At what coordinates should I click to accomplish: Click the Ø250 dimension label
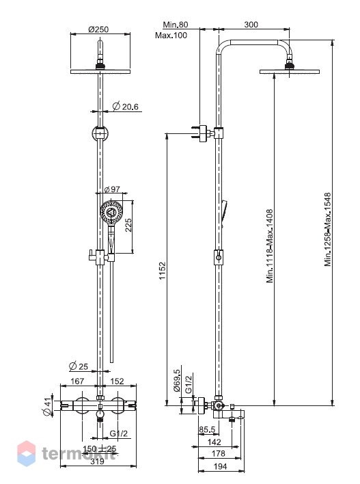click(x=98, y=29)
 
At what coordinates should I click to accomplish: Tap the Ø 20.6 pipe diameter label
click(x=125, y=107)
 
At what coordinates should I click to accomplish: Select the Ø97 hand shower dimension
click(x=112, y=189)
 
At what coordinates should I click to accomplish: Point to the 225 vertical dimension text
click(x=128, y=225)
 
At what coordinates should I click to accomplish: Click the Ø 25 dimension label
click(x=79, y=366)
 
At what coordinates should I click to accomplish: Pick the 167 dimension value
click(x=77, y=381)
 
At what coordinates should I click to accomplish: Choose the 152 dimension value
click(x=117, y=381)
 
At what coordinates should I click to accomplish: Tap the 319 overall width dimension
click(x=98, y=461)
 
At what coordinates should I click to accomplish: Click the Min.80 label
click(x=175, y=25)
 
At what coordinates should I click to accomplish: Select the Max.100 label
click(x=171, y=35)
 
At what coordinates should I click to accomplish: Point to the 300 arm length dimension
click(x=251, y=25)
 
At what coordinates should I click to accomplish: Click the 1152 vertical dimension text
click(x=163, y=271)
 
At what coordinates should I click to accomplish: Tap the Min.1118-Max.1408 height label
click(x=270, y=246)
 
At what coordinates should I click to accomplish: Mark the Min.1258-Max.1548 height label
click(x=328, y=229)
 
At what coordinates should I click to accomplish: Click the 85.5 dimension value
click(x=207, y=429)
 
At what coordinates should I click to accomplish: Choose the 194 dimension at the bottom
click(x=220, y=466)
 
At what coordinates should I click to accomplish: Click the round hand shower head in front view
click(x=111, y=212)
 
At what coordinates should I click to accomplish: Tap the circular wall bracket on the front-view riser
click(x=100, y=134)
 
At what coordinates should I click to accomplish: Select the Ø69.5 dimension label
click(x=177, y=380)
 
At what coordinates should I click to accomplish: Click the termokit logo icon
click(x=26, y=453)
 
